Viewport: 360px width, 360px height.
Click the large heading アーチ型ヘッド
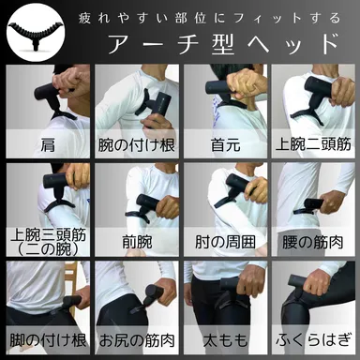(x=223, y=44)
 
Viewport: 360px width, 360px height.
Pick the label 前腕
(x=136, y=241)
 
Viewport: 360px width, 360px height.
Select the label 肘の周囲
(x=225, y=241)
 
